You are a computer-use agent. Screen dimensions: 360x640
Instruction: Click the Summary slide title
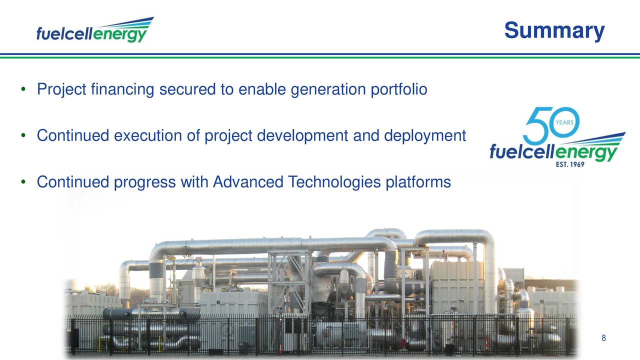(x=554, y=30)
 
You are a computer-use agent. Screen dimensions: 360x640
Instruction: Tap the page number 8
(x=603, y=338)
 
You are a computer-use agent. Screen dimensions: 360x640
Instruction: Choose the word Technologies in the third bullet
(x=335, y=182)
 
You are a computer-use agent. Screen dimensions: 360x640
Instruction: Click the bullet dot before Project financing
(x=23, y=90)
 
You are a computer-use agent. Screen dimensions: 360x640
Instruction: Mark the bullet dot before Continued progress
(x=23, y=182)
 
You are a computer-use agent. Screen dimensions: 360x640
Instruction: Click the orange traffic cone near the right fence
(x=486, y=344)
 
